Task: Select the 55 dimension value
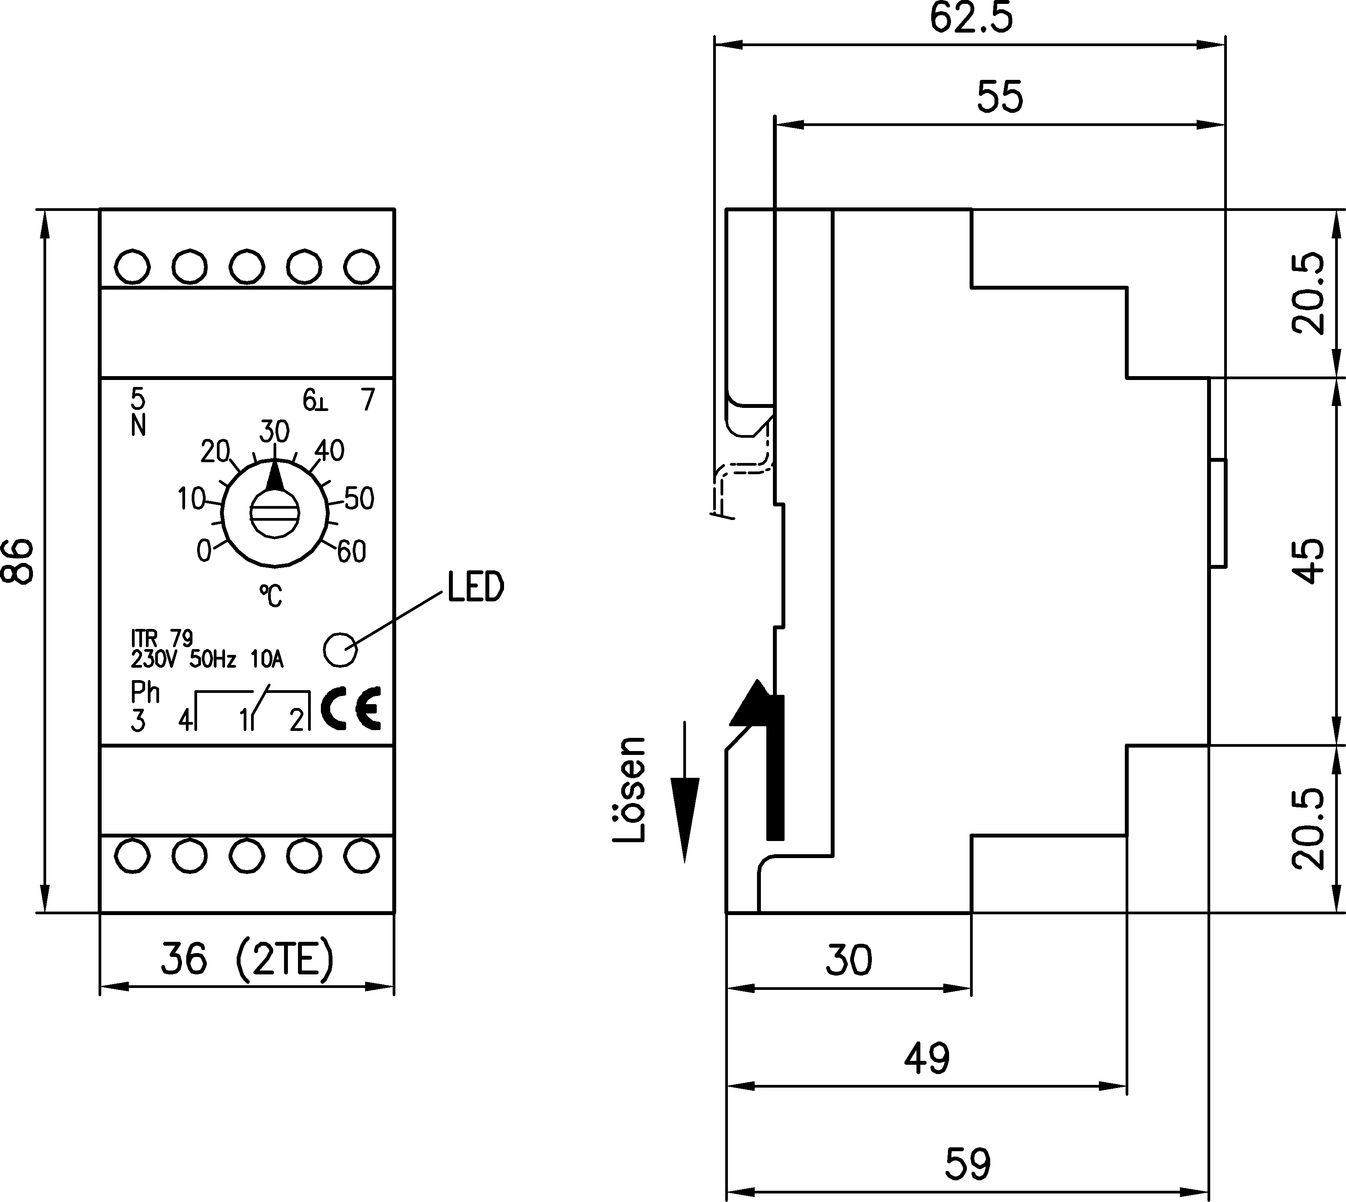coord(1000,98)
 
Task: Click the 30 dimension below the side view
coord(849,960)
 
